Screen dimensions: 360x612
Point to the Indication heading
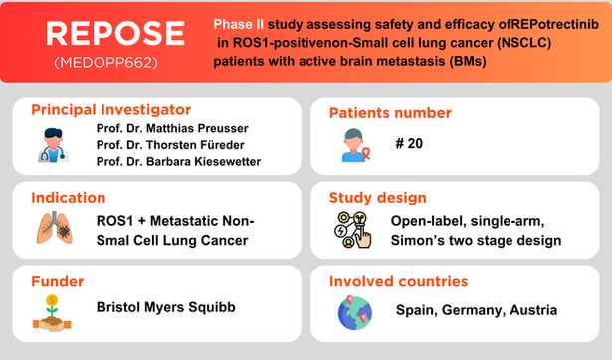point(68,198)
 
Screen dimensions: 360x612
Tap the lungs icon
point(51,230)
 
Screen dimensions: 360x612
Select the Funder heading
point(58,281)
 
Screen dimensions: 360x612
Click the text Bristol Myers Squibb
point(165,308)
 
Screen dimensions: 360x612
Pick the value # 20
point(408,144)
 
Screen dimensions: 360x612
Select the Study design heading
point(382,198)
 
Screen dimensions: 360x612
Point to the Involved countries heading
point(407,281)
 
